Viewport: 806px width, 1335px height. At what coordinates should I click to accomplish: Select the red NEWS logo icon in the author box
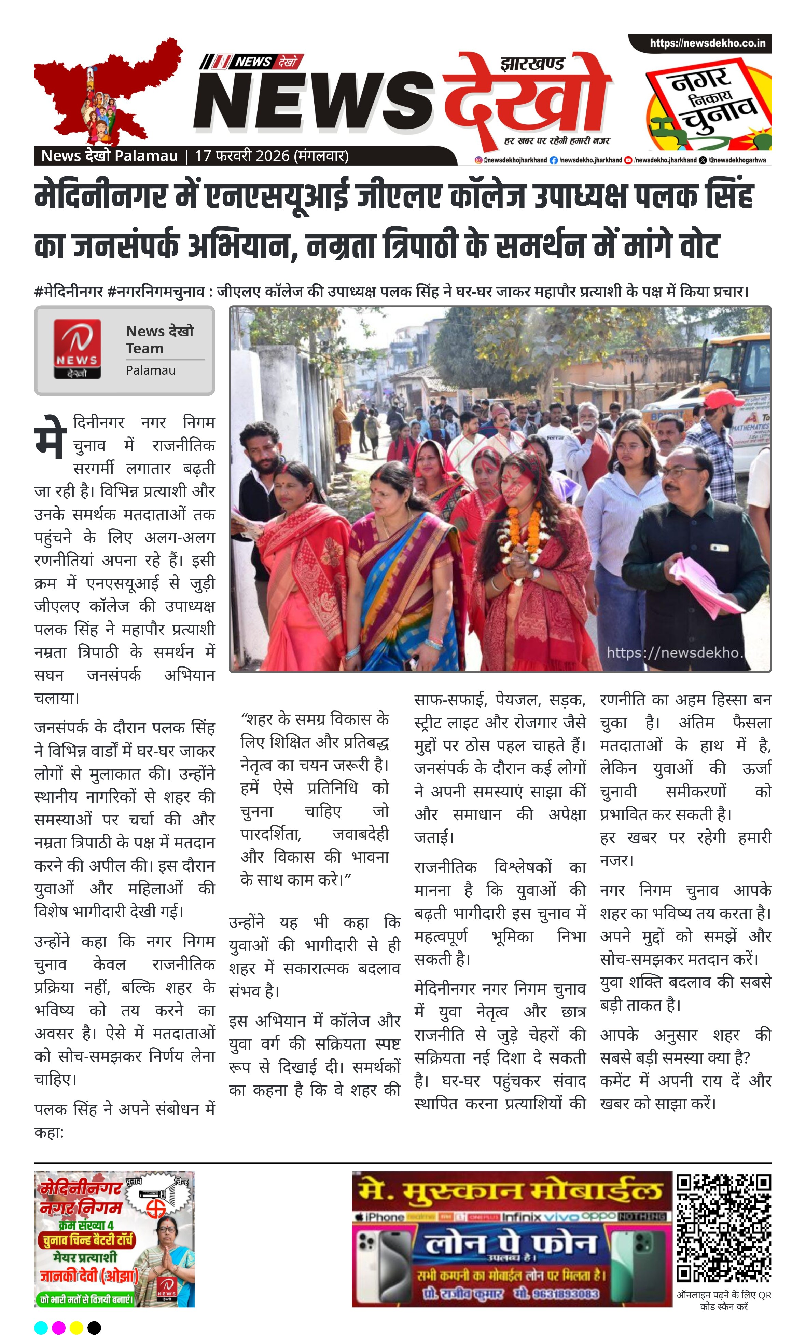[x=78, y=348]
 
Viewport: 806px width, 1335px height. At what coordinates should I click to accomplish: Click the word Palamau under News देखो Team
[x=151, y=370]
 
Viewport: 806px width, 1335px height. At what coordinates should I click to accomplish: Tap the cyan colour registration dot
[x=41, y=1327]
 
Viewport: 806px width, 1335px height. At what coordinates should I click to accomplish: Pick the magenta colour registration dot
[x=58, y=1327]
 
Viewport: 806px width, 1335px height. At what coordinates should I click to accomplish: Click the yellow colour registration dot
[x=76, y=1327]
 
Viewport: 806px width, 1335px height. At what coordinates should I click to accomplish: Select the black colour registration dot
[x=94, y=1327]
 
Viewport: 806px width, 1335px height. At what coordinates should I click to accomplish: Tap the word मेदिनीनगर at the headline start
[x=100, y=196]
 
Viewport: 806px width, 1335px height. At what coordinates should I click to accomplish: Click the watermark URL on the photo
[x=674, y=652]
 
